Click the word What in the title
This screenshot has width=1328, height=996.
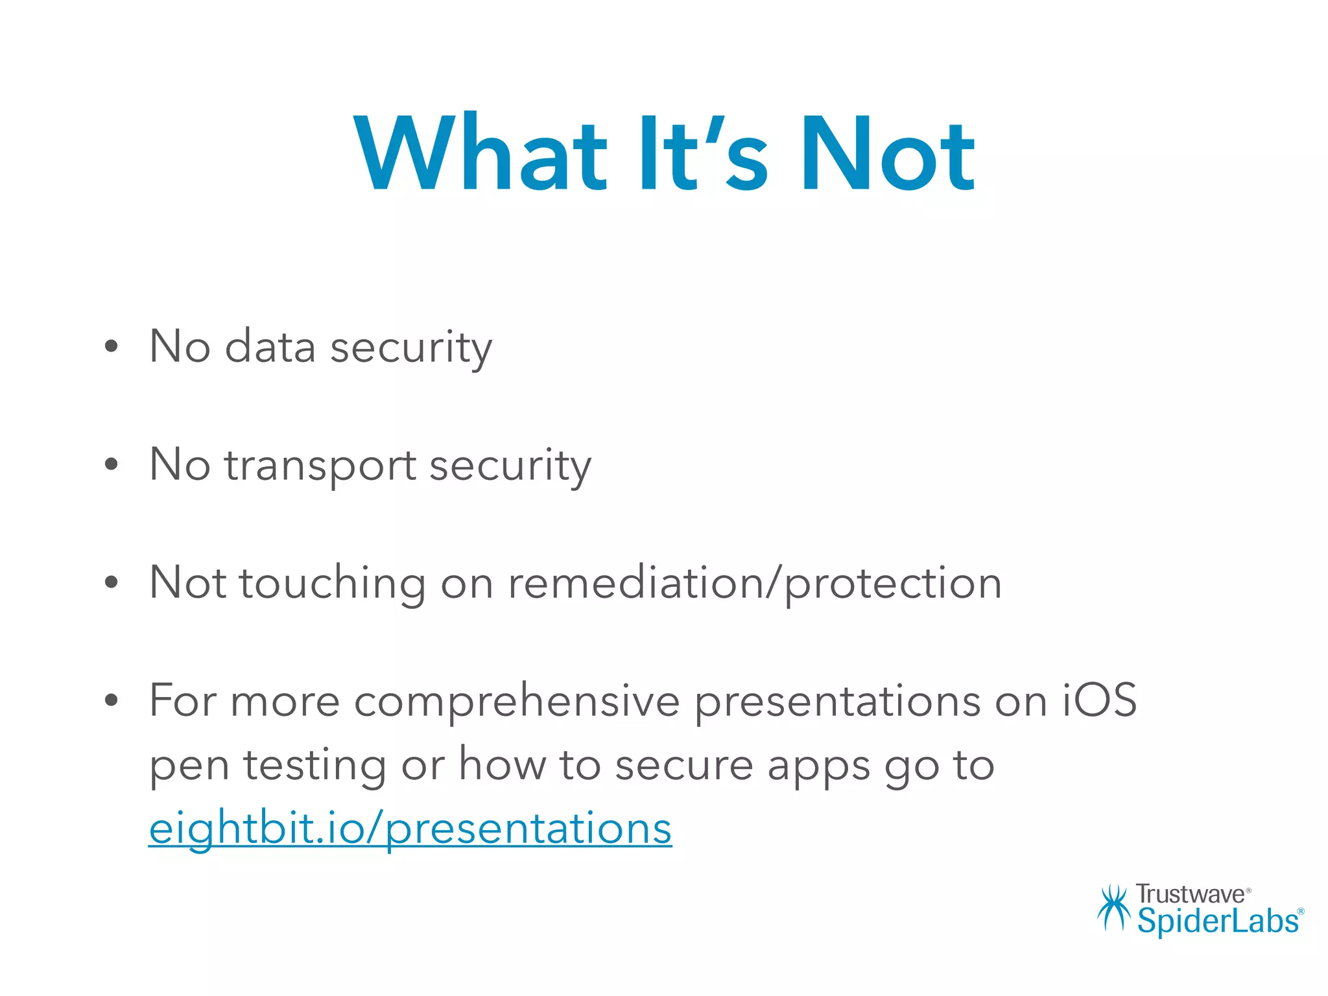coord(480,154)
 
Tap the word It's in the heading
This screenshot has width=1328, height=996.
coord(704,154)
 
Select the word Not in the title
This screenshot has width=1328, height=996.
coord(888,154)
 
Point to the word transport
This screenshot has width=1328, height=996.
coord(320,466)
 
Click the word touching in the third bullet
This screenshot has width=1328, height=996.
coord(333,582)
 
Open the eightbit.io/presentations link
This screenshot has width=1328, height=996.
coord(410,829)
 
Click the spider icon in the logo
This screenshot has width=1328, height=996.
coord(1113,907)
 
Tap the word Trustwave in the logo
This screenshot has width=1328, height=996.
coord(1191,894)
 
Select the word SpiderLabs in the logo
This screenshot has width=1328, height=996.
coord(1218,921)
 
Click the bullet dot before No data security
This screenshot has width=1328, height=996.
coord(112,346)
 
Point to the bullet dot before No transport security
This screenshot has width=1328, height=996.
coord(112,464)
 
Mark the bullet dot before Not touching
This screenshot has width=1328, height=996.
coord(112,582)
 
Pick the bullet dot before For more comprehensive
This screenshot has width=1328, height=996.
coord(112,700)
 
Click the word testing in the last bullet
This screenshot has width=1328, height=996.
coord(314,765)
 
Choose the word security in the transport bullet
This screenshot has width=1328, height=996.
coord(510,466)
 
